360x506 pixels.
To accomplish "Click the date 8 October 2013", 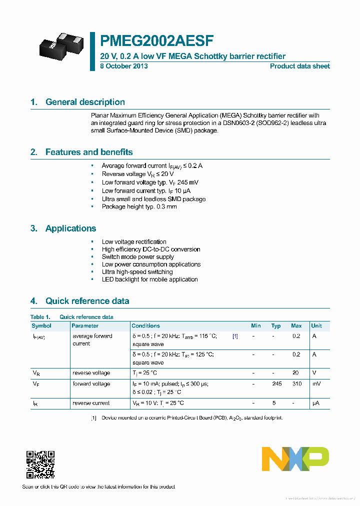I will coord(123,66).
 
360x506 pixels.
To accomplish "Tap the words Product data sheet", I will coord(300,66).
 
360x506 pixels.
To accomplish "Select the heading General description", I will coord(85,102).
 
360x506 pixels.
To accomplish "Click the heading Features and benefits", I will coord(89,152).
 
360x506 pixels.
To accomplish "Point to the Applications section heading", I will coord(70,228).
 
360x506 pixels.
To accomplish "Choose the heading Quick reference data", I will coord(87,301).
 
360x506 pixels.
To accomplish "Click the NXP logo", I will coord(295,459).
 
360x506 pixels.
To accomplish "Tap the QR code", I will coord(40,464).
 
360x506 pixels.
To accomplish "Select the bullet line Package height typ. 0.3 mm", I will coord(139,206).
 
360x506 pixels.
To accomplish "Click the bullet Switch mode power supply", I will coord(138,257).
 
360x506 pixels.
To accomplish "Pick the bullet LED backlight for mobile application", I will coord(149,279).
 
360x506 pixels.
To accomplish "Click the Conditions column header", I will coord(146,325).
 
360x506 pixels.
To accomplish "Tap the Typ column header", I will coord(276,325).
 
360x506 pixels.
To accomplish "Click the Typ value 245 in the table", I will coord(276,384).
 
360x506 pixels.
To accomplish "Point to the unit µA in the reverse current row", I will coord(315,403).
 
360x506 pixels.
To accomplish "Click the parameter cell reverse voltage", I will coord(91,373).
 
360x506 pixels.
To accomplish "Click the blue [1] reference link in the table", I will coord(235,336).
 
